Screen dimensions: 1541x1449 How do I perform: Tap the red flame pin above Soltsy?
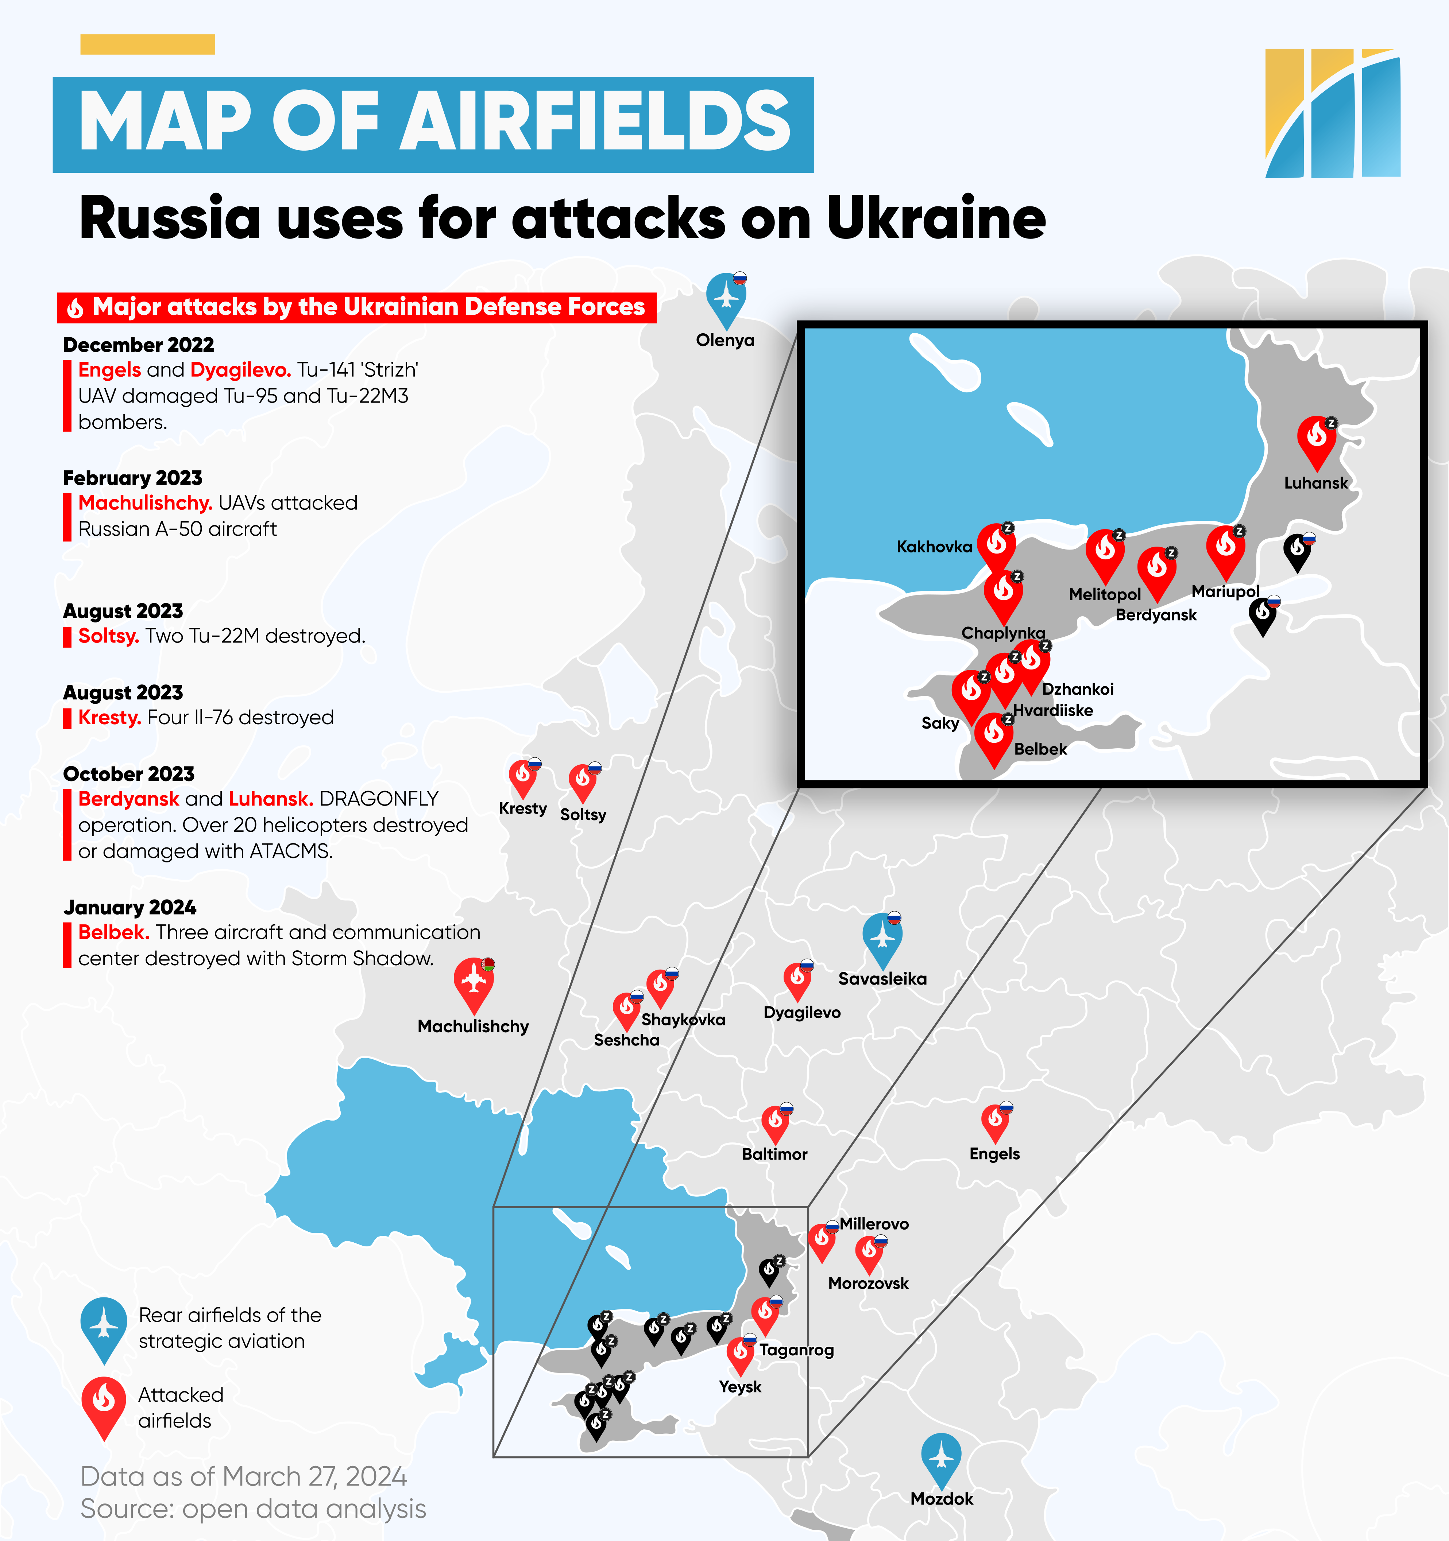click(x=583, y=781)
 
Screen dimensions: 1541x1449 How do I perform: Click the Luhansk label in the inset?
click(x=1315, y=483)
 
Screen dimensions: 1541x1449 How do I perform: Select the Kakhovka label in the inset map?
click(x=934, y=547)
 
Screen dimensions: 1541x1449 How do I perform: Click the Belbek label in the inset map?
click(x=1040, y=749)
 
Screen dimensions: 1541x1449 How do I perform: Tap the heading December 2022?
click(x=138, y=345)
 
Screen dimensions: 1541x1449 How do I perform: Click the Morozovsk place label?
click(x=868, y=1283)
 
